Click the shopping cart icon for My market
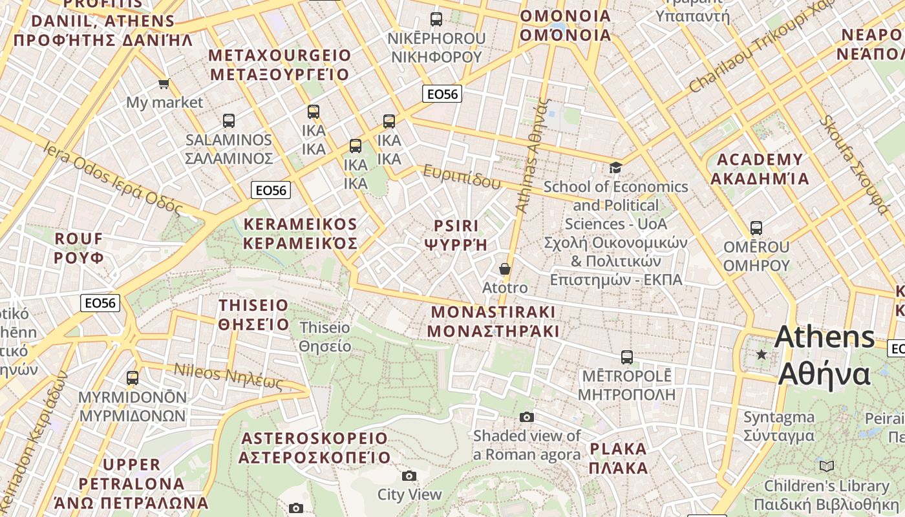(x=164, y=83)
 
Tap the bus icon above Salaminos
(x=228, y=121)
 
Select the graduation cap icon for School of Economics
(x=615, y=168)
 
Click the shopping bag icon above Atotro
(x=505, y=269)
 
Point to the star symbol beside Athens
(x=762, y=354)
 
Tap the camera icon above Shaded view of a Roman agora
(x=527, y=417)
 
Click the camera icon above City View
(x=409, y=476)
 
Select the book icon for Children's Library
(x=826, y=466)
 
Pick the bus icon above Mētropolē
(x=626, y=357)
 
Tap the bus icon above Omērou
(x=756, y=228)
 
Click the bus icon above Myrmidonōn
(x=133, y=378)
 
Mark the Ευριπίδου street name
(x=462, y=176)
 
